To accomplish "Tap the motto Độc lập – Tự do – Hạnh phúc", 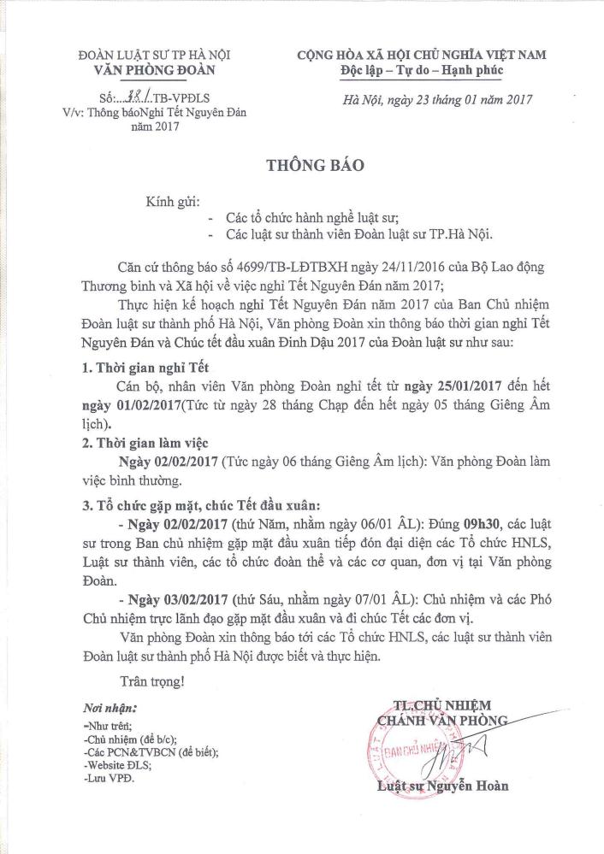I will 421,69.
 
